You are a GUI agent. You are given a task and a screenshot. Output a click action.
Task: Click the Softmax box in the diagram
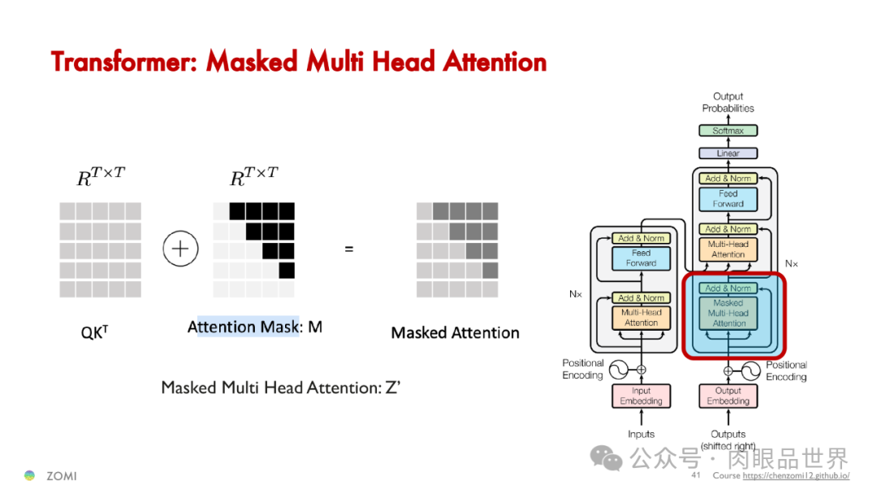(x=728, y=131)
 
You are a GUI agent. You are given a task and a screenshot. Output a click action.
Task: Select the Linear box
(x=728, y=153)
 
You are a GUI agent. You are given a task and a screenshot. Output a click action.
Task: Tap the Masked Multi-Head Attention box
(x=728, y=313)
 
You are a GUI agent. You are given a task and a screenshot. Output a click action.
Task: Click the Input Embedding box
(x=641, y=396)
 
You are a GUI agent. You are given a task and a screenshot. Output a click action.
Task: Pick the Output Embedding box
(x=728, y=396)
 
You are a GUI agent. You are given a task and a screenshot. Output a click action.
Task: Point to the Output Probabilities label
(x=728, y=102)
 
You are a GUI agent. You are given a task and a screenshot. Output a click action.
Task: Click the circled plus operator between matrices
(x=180, y=249)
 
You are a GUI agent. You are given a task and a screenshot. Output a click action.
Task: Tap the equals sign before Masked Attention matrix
(x=349, y=249)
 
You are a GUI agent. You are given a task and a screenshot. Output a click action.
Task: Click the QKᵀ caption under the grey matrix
(x=94, y=331)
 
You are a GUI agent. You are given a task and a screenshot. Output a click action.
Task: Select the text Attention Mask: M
(x=255, y=327)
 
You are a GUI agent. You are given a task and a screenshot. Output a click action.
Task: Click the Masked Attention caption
(x=455, y=332)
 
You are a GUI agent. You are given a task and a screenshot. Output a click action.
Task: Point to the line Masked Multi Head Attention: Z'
(x=280, y=388)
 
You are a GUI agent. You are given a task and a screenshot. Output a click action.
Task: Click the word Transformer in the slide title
(x=123, y=62)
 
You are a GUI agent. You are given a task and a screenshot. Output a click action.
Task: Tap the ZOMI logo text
(x=61, y=476)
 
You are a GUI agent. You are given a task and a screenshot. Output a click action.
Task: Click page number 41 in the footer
(x=696, y=475)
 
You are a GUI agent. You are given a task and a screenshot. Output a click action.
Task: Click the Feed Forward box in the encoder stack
(x=641, y=258)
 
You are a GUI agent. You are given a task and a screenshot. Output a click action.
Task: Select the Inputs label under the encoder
(x=641, y=434)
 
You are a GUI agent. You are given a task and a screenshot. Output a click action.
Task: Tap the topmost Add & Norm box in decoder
(x=728, y=178)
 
